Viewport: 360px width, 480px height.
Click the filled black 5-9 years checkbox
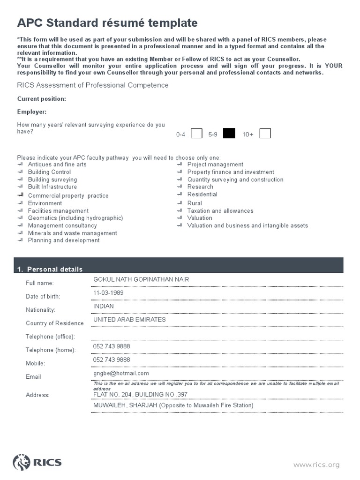pos(229,134)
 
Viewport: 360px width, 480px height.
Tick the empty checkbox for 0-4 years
pos(197,134)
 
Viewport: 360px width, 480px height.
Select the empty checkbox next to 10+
pos(265,134)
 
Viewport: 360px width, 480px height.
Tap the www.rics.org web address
pos(316,465)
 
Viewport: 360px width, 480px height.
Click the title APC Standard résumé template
pos(107,23)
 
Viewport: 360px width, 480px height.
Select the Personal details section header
pos(50,269)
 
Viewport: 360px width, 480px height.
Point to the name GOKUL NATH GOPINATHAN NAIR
pos(141,280)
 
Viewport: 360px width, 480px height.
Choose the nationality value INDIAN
pos(104,306)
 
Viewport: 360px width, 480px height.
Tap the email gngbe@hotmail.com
pos(121,373)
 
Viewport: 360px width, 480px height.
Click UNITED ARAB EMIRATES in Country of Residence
pos(129,320)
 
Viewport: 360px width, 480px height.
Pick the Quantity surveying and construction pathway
pos(235,180)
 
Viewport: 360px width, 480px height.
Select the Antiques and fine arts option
pos(57,165)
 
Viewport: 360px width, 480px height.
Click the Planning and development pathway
pos(64,240)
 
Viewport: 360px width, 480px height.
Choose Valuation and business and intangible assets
pos(247,225)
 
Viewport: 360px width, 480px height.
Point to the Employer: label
pos(32,112)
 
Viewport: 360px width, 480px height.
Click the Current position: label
pos(42,99)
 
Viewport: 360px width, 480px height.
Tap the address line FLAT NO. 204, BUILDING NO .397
pos(140,395)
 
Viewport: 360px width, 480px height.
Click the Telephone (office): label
pos(51,337)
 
